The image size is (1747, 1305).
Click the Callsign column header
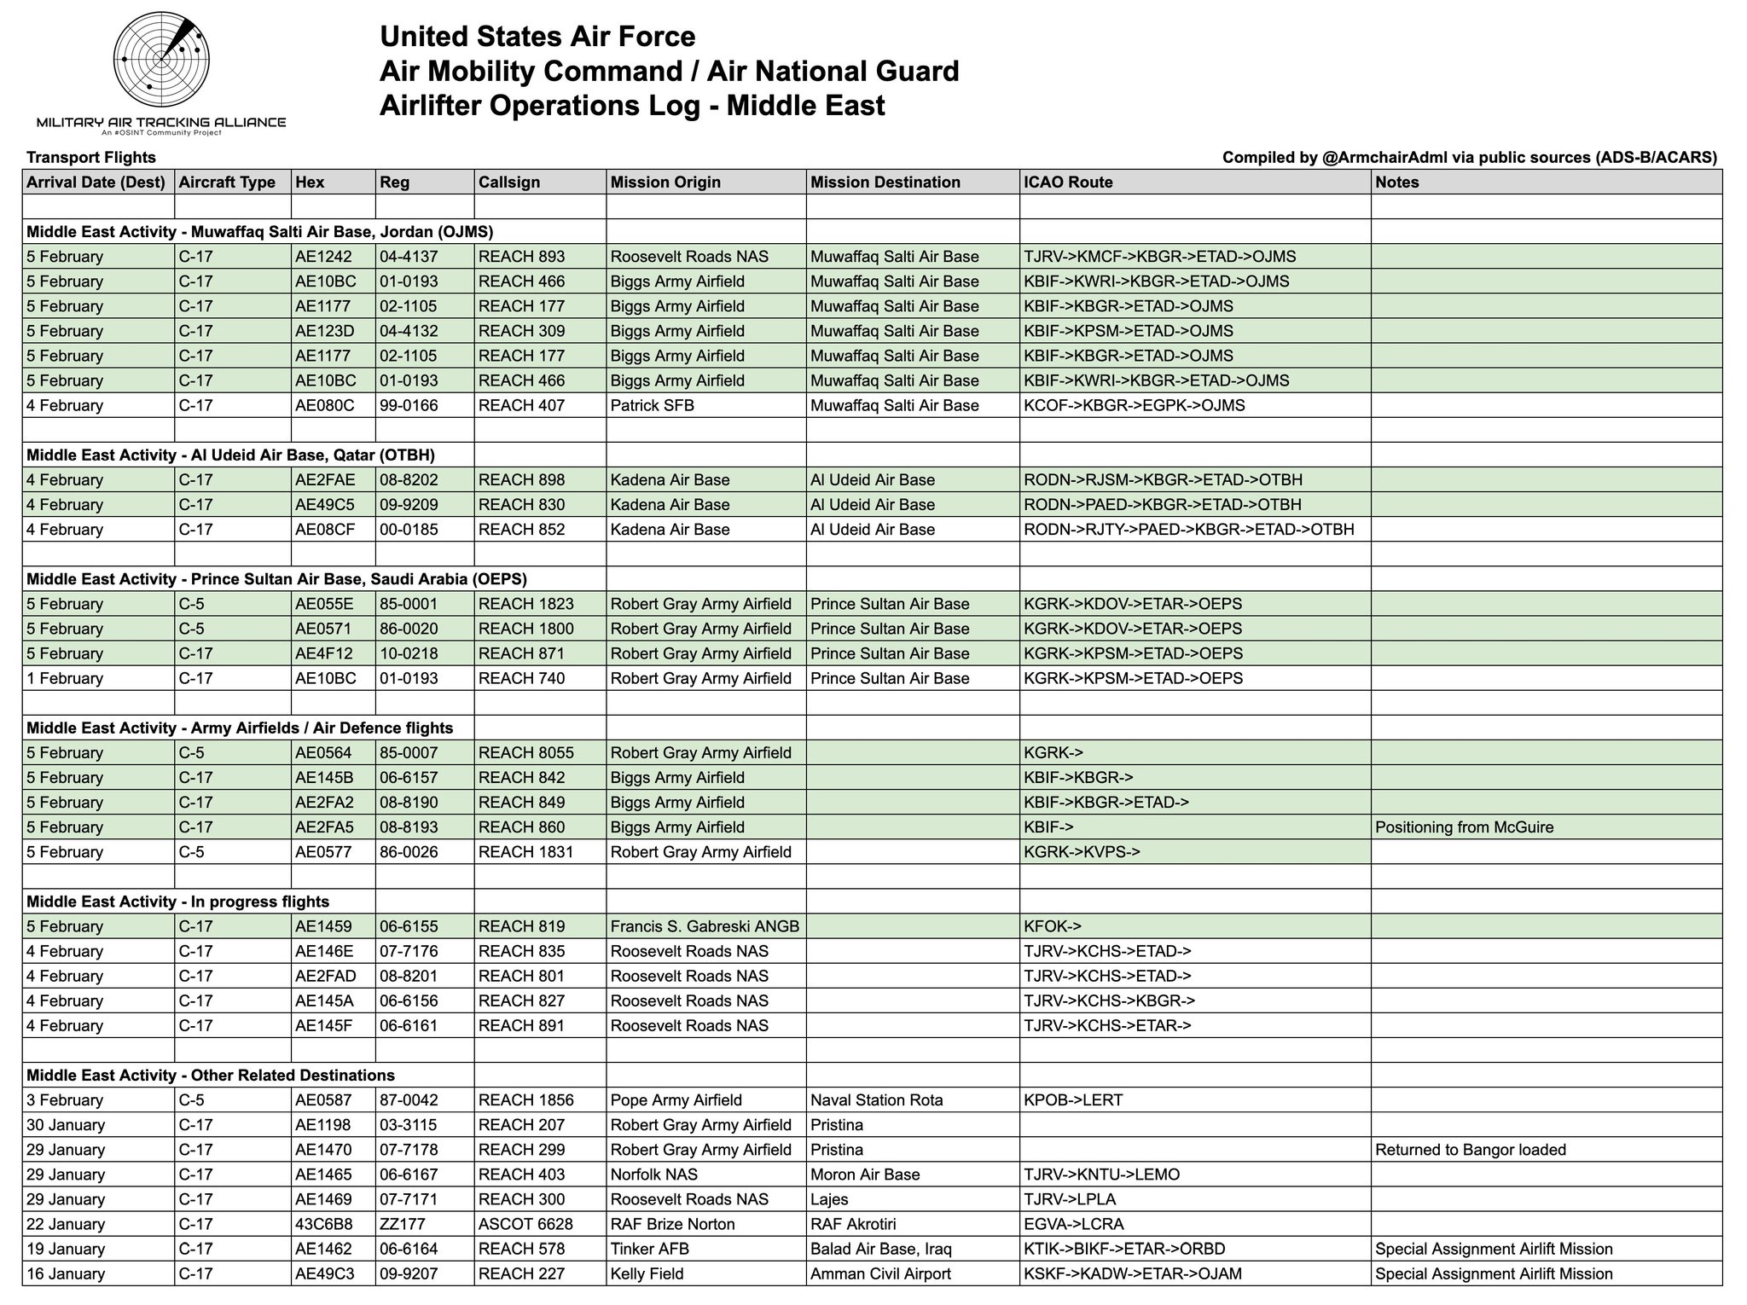508,183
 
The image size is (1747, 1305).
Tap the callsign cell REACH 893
521,257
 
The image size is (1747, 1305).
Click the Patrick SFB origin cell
652,405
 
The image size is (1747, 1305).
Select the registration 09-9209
409,505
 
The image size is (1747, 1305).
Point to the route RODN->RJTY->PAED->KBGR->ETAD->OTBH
1188,530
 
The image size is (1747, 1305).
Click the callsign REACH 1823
525,604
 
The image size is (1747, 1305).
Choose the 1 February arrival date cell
65,679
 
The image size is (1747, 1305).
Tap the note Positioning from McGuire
1464,827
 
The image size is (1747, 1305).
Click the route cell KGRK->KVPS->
1082,852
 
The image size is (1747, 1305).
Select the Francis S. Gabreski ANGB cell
705,926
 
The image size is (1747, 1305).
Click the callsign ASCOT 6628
525,1224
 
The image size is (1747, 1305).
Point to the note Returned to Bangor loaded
1471,1150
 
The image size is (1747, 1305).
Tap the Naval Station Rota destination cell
876,1100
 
